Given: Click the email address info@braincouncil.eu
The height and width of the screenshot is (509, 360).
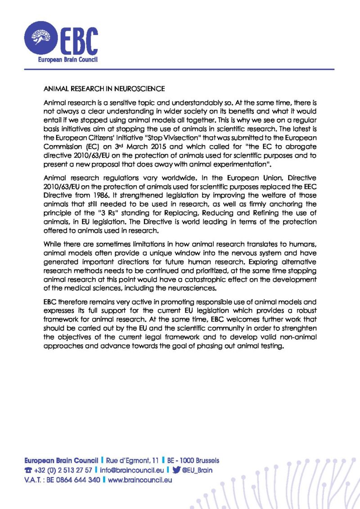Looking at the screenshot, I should coord(131,470).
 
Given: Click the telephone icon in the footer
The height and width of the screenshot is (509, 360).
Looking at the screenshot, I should coord(27,470).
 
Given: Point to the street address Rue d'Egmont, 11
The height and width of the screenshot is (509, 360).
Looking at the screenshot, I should coord(132,460).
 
